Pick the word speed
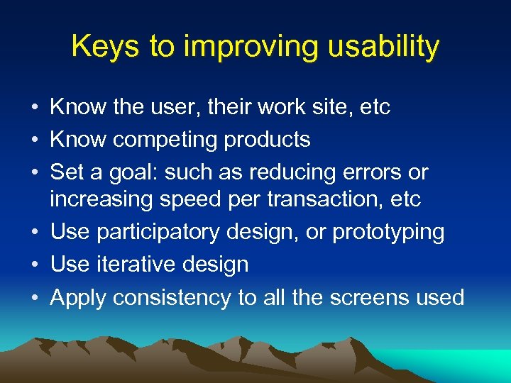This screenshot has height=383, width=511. pos(189,199)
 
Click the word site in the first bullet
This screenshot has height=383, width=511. pos(328,107)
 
